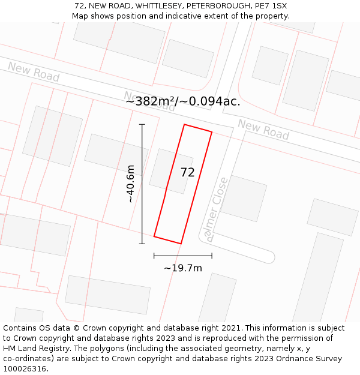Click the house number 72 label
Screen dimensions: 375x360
[x=187, y=172]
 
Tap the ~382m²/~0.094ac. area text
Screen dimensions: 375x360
[x=183, y=101]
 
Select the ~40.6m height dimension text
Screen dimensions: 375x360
[x=131, y=184]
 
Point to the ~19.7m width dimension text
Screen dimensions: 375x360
[x=183, y=268]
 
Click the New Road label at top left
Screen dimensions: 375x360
[x=34, y=71]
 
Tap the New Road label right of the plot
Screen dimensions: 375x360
[x=263, y=129]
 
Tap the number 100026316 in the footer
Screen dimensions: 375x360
[x=24, y=368]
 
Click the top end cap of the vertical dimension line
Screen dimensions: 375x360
[x=142, y=124]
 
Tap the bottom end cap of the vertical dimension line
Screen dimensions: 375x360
[x=142, y=244]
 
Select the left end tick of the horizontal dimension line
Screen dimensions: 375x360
[x=154, y=256]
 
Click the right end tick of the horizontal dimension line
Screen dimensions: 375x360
[x=212, y=256]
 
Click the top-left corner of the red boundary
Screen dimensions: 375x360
[x=184, y=125]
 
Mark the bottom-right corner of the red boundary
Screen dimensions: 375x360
[x=181, y=244]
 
